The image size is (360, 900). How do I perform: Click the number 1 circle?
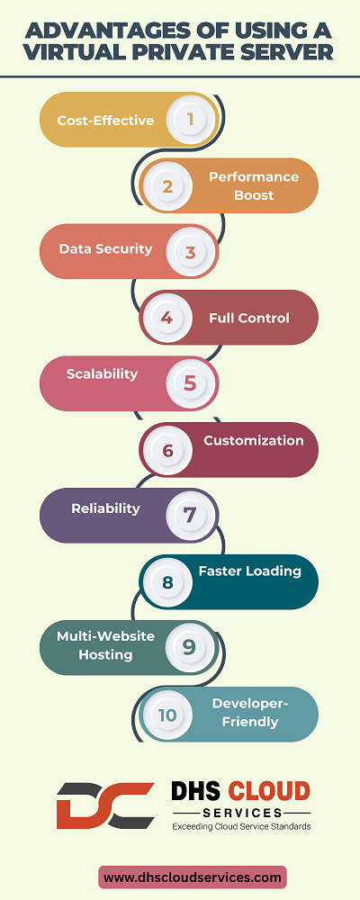(190, 120)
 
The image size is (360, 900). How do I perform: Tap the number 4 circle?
(167, 318)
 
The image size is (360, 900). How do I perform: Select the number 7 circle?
(190, 516)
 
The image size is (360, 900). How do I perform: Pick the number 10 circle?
(167, 715)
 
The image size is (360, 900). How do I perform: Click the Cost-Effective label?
(105, 121)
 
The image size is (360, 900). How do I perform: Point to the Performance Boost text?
(254, 185)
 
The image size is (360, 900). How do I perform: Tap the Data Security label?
(105, 249)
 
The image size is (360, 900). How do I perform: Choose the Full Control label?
(249, 318)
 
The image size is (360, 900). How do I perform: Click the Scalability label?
(103, 374)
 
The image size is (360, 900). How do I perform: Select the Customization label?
(254, 441)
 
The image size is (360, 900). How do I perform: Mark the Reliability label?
(105, 508)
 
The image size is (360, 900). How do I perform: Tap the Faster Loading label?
(250, 571)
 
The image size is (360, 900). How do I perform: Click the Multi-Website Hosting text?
(105, 645)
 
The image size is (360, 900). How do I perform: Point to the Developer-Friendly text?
(250, 712)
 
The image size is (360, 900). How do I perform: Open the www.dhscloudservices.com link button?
(193, 877)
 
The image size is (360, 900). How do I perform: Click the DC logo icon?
(105, 805)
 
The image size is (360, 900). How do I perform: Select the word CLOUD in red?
(269, 792)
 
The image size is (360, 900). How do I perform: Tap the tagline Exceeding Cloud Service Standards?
(242, 826)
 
